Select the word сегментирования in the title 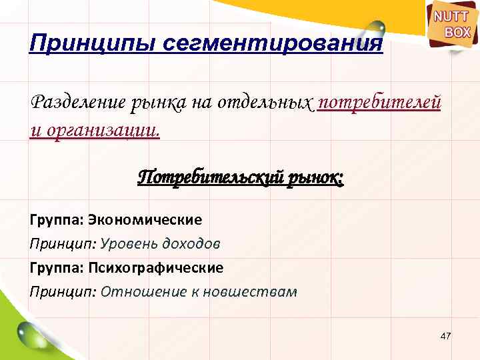[x=273, y=44]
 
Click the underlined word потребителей [x=380, y=103]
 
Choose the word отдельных [x=266, y=103]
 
